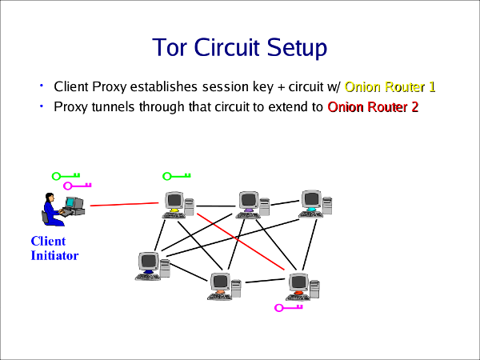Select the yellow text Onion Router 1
coord(390,86)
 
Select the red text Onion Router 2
coord(373,106)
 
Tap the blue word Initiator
coord(54,256)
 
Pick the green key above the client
coord(66,176)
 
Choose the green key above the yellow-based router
coord(177,176)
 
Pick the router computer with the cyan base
coord(314,202)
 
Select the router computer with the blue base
coord(152,266)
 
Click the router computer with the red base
coord(302,286)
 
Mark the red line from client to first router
coord(124,204)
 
